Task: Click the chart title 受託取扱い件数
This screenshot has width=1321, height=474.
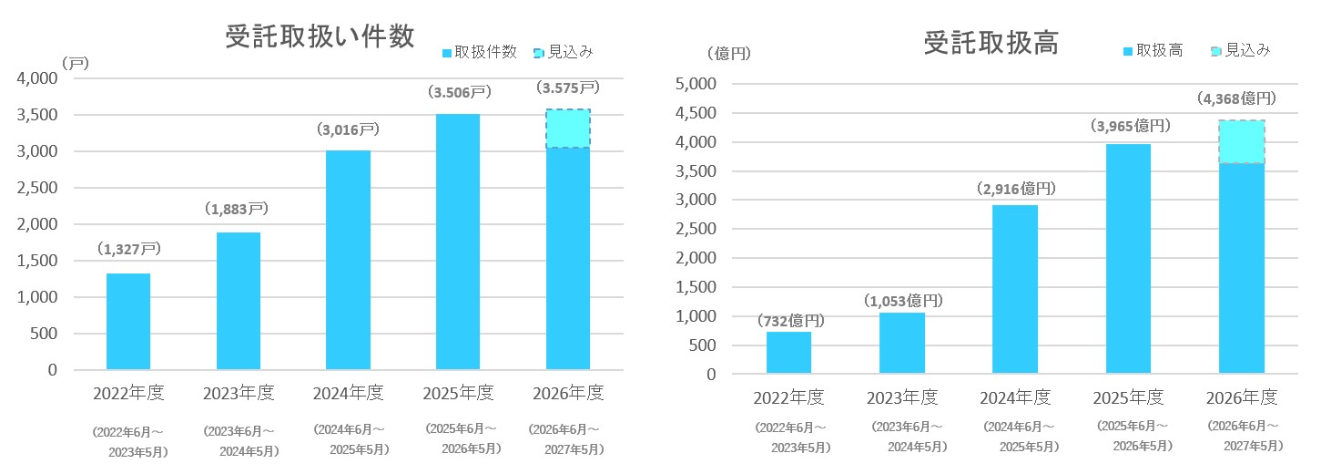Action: tap(320, 36)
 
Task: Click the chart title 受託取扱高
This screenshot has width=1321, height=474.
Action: tap(991, 43)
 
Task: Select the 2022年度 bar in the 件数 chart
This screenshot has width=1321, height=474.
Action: tap(128, 322)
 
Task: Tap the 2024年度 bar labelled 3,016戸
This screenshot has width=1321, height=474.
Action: tap(348, 260)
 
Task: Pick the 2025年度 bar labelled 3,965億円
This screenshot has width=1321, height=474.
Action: tap(1129, 259)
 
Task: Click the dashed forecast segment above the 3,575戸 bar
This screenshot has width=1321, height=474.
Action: tap(569, 129)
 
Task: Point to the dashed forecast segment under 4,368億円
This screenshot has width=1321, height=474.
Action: tap(1242, 142)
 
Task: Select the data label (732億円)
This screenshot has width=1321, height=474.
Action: tap(789, 321)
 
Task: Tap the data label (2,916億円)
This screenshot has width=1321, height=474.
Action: tap(1014, 190)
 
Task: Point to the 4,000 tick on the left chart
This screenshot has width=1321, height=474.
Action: tap(37, 79)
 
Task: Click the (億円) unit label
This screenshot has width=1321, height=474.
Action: tap(728, 53)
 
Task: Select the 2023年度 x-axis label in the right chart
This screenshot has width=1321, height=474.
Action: tap(901, 398)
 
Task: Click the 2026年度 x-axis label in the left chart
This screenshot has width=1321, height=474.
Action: tap(568, 393)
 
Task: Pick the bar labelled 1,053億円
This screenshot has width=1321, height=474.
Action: tap(901, 343)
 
